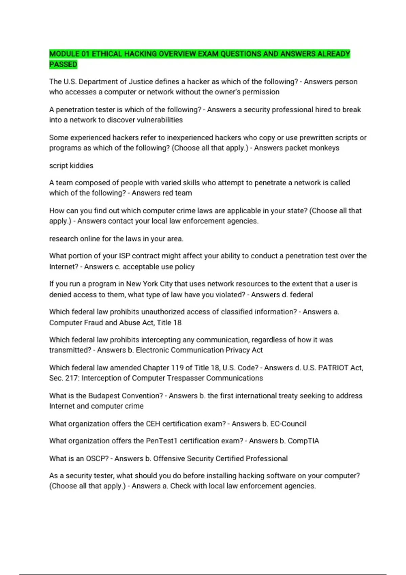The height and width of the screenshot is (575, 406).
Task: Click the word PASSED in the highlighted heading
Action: tap(63, 64)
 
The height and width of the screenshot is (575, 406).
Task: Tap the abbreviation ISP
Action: tap(125, 256)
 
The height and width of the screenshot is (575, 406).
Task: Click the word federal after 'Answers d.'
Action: tap(301, 295)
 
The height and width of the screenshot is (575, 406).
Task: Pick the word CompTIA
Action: tap(303, 441)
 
